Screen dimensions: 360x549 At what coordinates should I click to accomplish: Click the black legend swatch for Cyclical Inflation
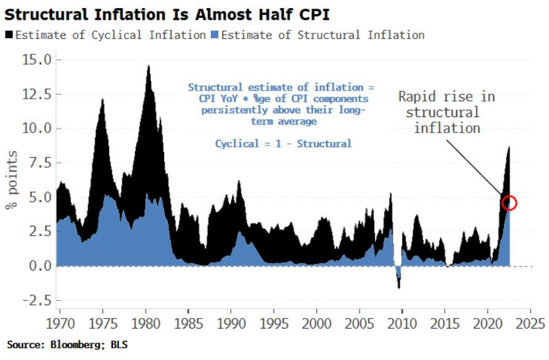click(x=9, y=35)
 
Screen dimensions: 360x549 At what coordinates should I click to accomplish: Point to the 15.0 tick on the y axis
click(x=39, y=60)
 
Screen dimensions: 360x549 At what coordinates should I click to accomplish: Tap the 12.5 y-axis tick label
click(x=39, y=94)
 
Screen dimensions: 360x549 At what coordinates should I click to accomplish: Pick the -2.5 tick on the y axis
click(x=39, y=300)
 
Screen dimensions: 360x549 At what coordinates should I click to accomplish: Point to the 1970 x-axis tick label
click(x=58, y=322)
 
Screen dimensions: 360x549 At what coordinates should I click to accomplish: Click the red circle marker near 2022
click(x=510, y=203)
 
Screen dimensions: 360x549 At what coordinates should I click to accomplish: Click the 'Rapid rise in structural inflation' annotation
click(x=446, y=112)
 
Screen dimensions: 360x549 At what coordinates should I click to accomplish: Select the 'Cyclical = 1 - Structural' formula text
click(x=283, y=144)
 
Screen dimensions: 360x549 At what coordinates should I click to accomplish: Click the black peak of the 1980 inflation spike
click(x=148, y=66)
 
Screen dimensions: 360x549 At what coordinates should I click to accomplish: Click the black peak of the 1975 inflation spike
click(x=102, y=99)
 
